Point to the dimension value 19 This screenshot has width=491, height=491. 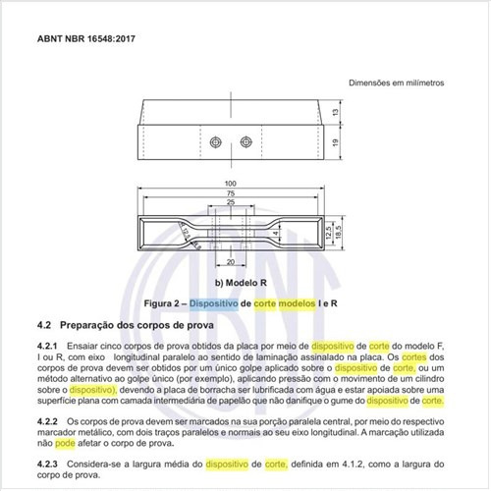[x=336, y=142]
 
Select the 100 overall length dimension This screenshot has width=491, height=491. [x=231, y=185]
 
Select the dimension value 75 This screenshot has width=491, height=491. [x=231, y=194]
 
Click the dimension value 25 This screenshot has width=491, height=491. [x=231, y=203]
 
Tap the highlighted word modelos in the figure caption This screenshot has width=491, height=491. [x=297, y=304]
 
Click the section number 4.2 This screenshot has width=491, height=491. [x=43, y=324]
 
